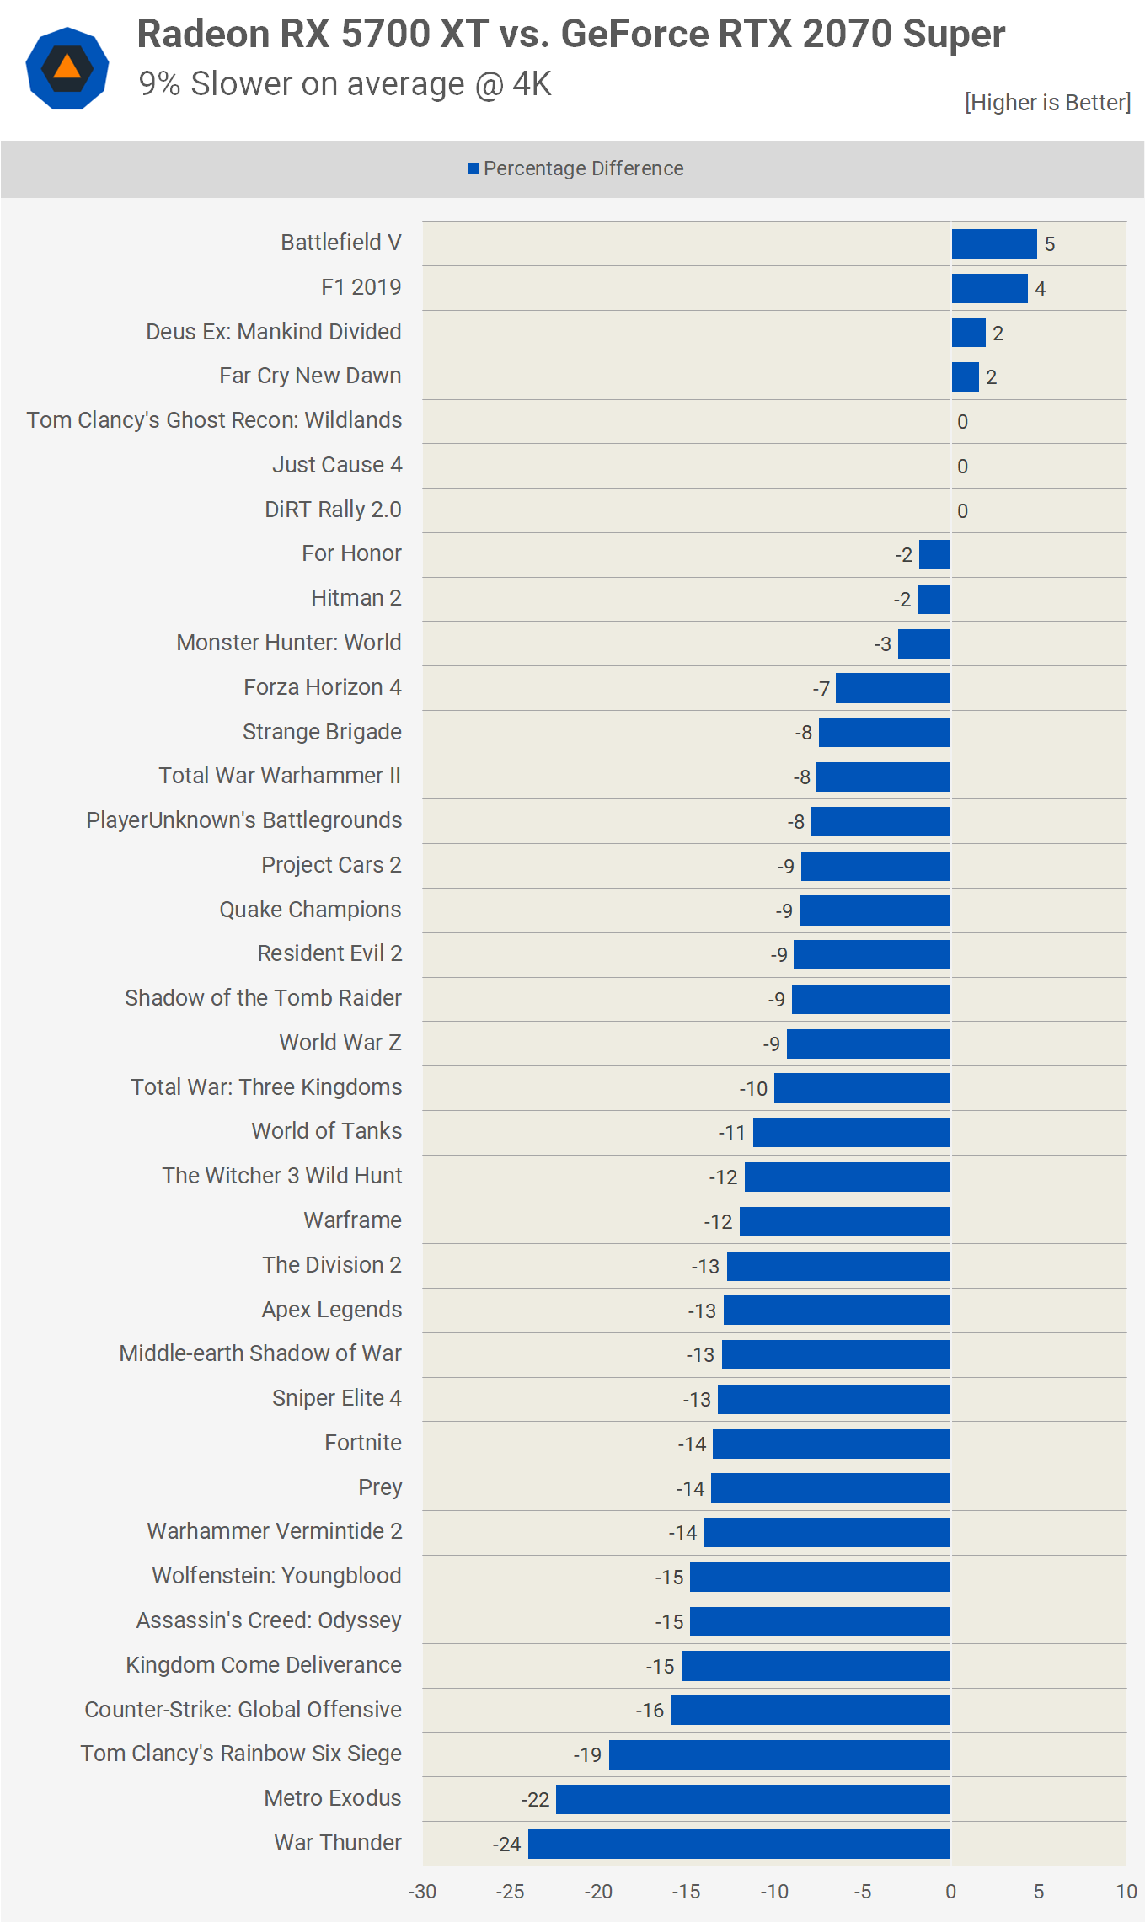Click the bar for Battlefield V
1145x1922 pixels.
click(993, 243)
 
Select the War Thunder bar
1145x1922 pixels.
click(738, 1844)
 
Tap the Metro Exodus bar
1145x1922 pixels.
click(752, 1799)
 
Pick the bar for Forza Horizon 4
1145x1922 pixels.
click(892, 688)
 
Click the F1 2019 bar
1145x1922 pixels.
click(989, 288)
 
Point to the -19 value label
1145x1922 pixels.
click(587, 1755)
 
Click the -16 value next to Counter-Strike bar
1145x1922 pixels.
click(650, 1711)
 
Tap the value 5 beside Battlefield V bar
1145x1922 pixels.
click(1050, 244)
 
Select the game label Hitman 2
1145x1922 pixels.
click(356, 598)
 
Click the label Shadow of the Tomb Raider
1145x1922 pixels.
click(263, 998)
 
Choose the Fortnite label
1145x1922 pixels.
click(363, 1443)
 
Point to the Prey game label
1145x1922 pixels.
click(380, 1487)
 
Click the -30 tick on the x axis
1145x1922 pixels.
click(422, 1892)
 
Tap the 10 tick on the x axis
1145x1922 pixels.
click(1126, 1892)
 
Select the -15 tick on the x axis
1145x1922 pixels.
click(686, 1892)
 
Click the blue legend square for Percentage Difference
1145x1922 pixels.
click(473, 169)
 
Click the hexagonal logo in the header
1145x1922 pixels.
click(67, 68)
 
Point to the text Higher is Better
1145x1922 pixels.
click(1047, 103)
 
